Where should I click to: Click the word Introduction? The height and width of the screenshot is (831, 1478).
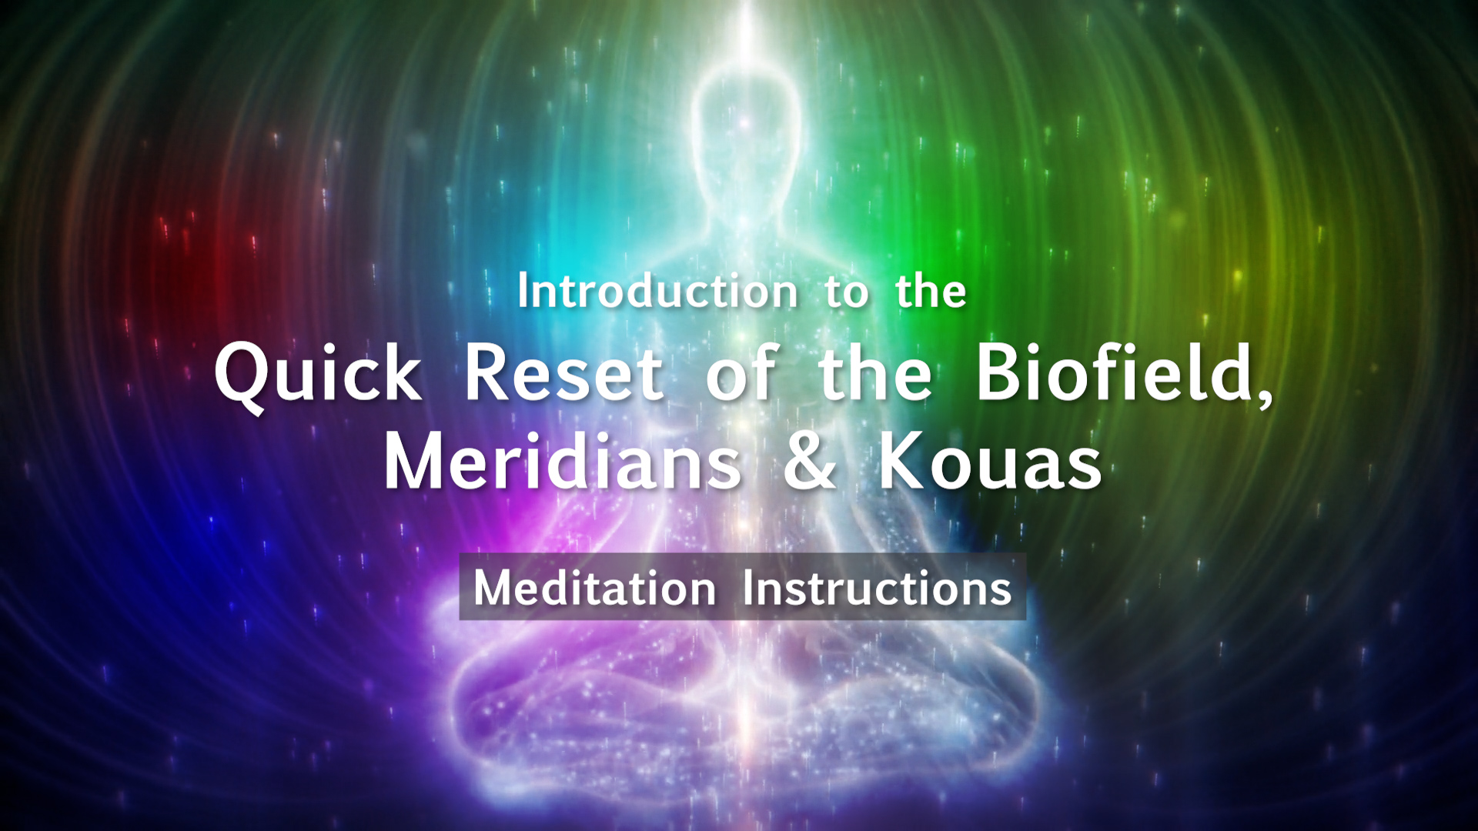point(657,292)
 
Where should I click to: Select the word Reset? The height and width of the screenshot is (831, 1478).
point(564,372)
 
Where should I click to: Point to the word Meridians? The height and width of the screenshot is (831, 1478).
point(563,461)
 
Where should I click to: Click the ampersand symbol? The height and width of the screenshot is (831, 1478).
point(810,462)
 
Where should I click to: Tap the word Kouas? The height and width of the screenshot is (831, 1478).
point(991,462)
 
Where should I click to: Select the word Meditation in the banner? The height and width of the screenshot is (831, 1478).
point(595,589)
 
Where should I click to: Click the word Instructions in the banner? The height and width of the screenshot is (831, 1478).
point(877,589)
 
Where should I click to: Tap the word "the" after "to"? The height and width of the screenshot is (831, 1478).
point(931,292)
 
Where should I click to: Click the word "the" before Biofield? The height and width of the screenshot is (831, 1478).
point(875,372)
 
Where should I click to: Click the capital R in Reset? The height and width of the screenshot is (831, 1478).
point(490,373)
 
